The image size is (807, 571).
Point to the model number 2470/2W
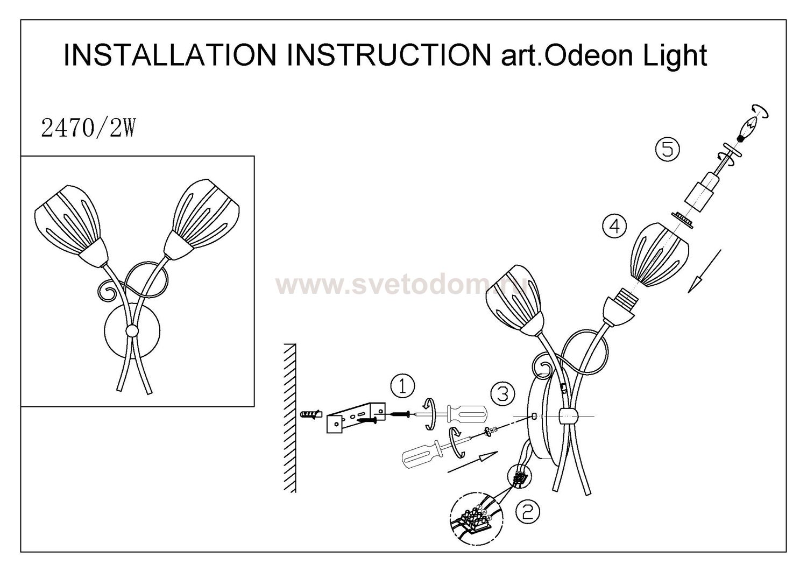tap(88, 129)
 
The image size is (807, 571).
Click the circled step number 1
tap(402, 386)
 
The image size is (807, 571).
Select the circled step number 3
tap(502, 393)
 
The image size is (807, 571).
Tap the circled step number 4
tap(614, 227)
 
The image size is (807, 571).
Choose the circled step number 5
tap(667, 150)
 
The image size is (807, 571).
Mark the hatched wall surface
tap(289, 418)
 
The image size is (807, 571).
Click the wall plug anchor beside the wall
tap(311, 414)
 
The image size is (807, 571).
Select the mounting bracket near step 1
tap(356, 417)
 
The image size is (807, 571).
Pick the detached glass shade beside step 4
tap(659, 255)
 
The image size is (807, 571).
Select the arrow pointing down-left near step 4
tap(704, 271)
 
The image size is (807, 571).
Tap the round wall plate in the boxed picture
tap(132, 330)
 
